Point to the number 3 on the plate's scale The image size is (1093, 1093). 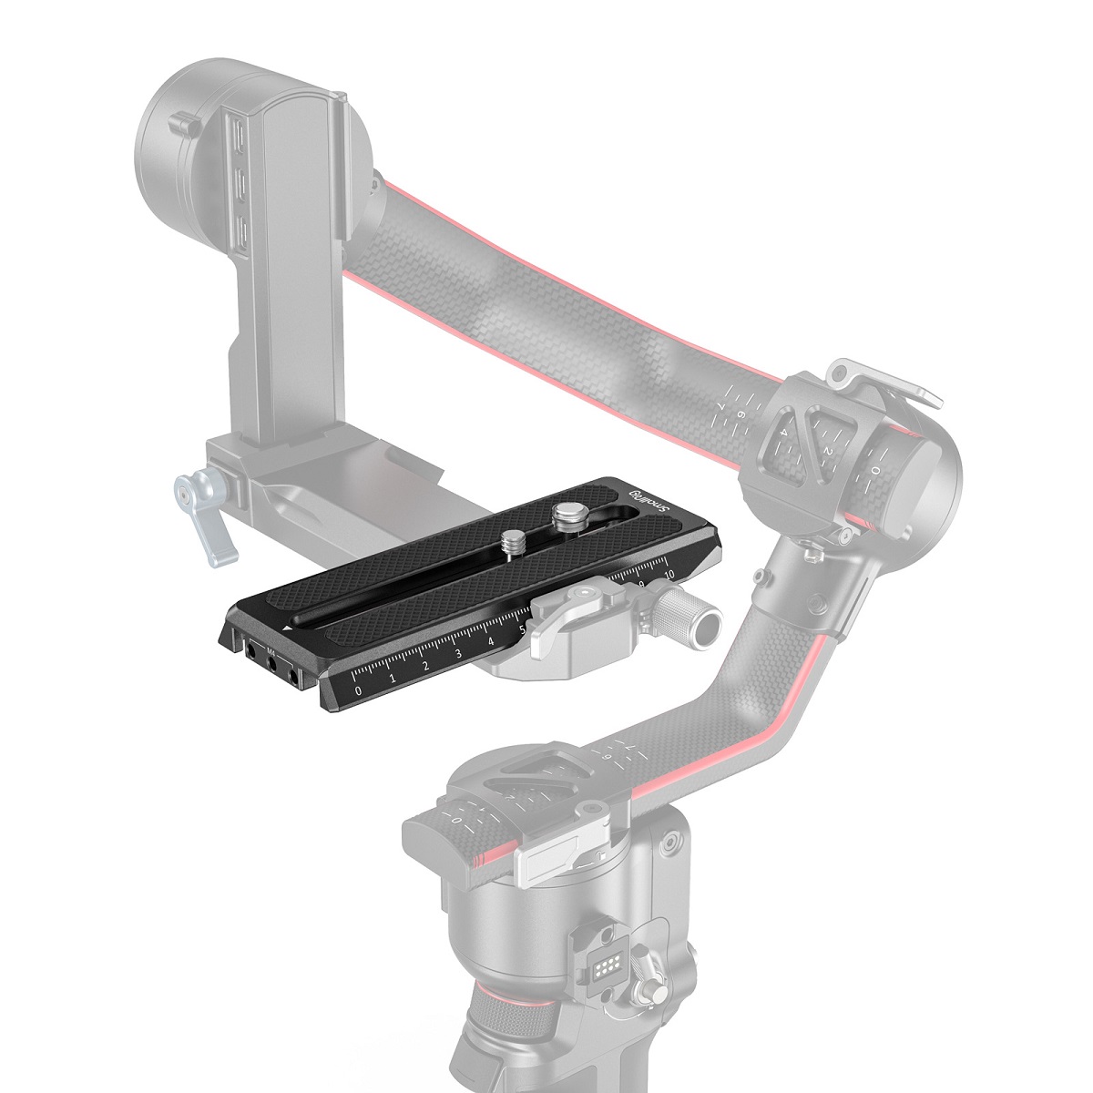[x=457, y=655]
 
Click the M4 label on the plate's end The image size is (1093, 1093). [x=271, y=650]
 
